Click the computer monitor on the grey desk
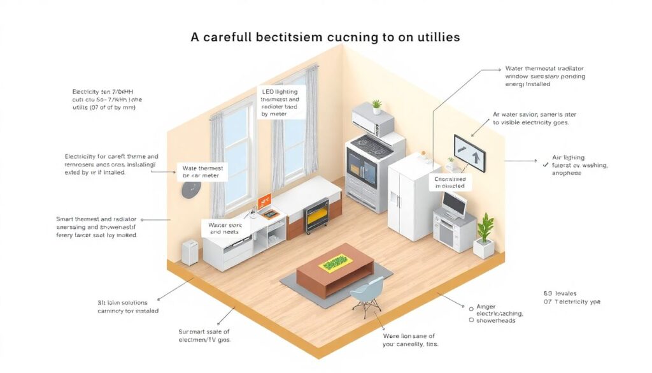[x=453, y=203]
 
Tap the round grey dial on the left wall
[x=191, y=189]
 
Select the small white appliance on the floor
[x=190, y=251]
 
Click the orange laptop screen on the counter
[x=264, y=200]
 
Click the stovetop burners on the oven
[x=369, y=142]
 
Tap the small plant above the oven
[x=376, y=106]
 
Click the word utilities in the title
[x=430, y=37]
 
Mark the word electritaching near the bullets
[x=500, y=313]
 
